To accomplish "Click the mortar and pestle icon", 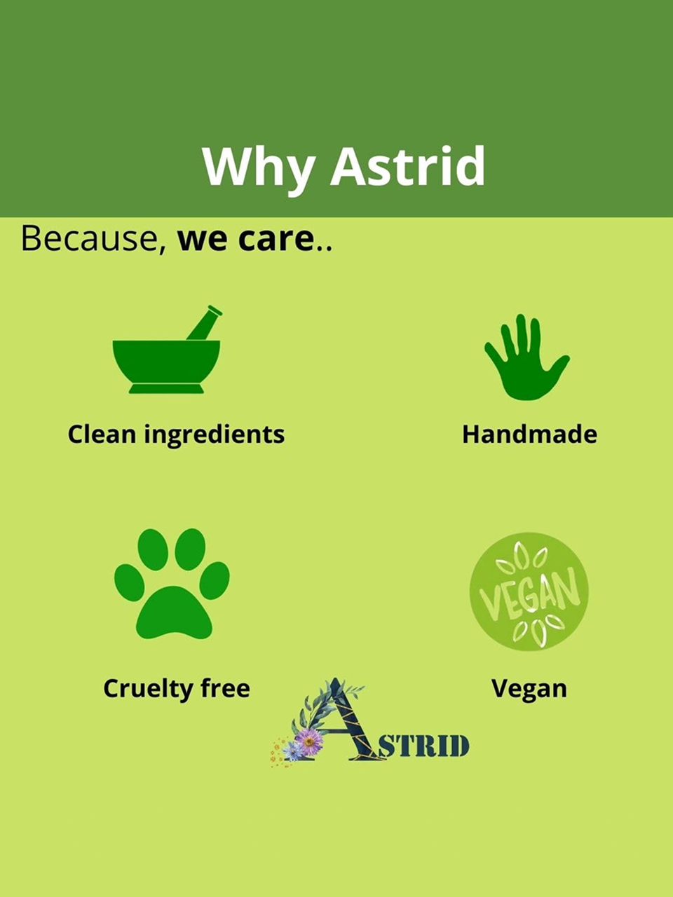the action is pos(167,350).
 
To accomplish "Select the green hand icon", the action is pos(527,357).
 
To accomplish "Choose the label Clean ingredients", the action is pos(176,434).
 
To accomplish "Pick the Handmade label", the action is pos(529,434).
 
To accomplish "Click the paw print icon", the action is pos(172,584).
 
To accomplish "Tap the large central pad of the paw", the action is pos(174,614).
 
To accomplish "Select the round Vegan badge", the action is pos(529,591).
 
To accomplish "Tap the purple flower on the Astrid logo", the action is pos(309,741).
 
